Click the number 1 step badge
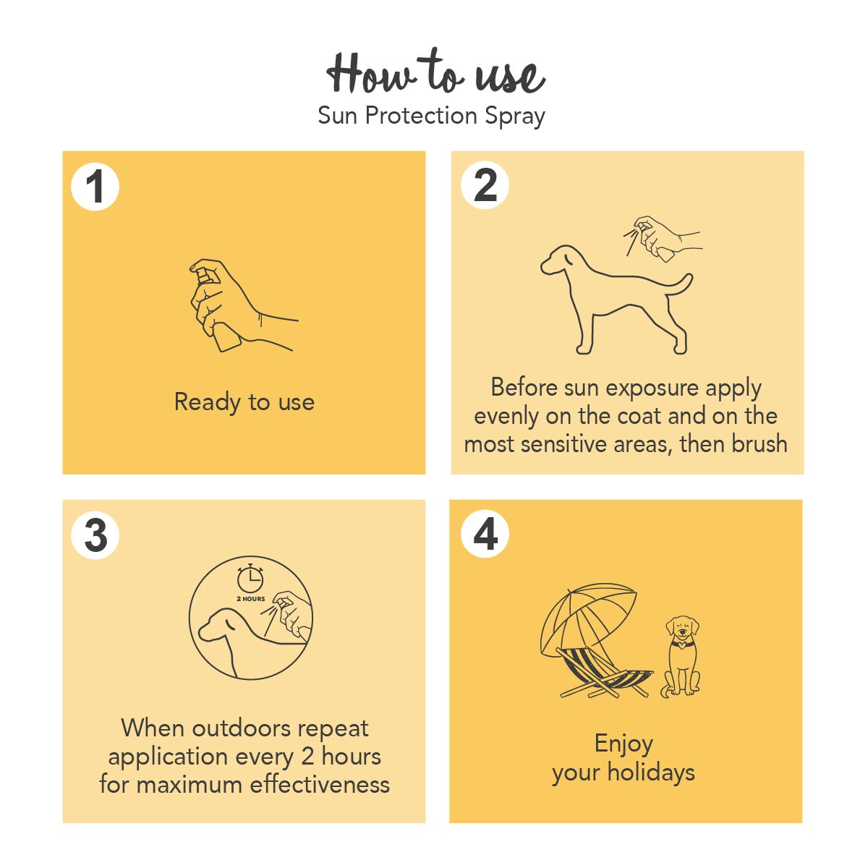pos(95,187)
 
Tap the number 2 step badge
pos(485,186)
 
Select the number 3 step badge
pos(95,535)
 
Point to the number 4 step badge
pos(485,535)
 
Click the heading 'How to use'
pos(435,72)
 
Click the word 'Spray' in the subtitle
pos(515,116)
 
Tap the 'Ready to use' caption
pos(244,401)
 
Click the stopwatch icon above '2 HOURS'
pos(250,578)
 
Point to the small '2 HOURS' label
pos(251,599)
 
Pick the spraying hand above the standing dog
pos(662,239)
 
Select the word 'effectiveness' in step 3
pos(320,785)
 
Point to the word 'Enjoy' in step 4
pos(624,744)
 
